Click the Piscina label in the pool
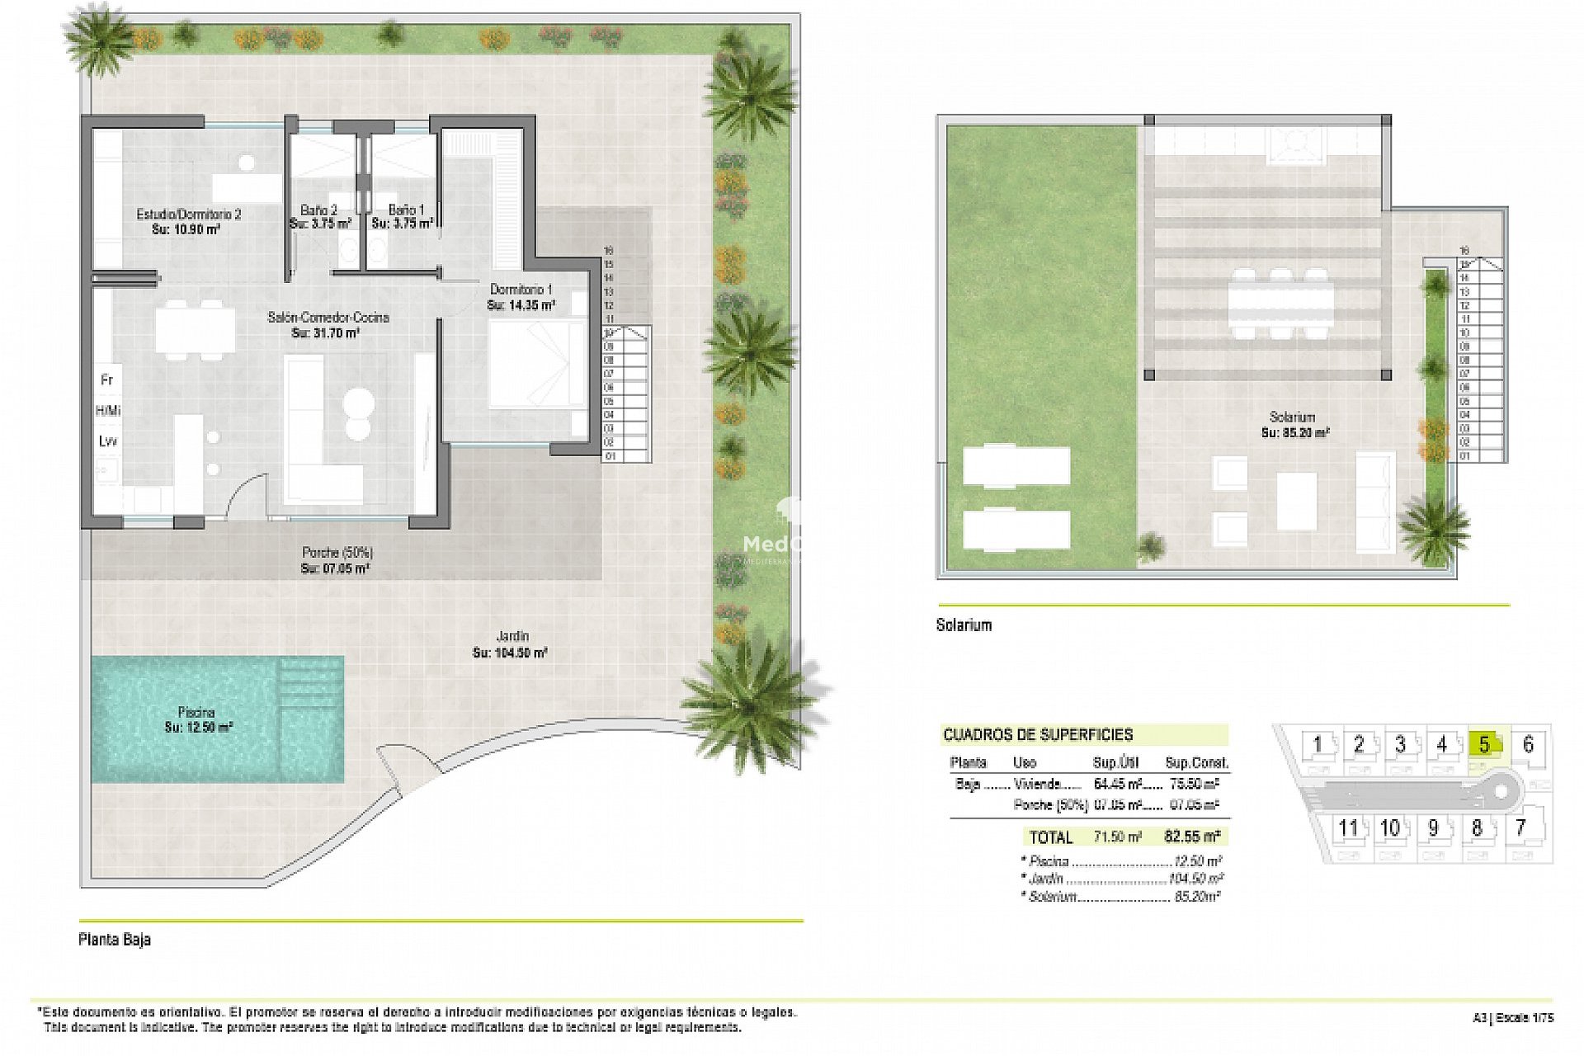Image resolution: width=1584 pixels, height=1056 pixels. [x=198, y=719]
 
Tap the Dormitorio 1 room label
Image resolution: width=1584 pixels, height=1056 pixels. [x=521, y=297]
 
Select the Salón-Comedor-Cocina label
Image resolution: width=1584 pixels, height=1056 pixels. [x=328, y=325]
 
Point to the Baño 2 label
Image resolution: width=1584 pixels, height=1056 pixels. [x=319, y=217]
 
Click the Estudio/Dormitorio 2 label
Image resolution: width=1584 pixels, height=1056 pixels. [x=188, y=221]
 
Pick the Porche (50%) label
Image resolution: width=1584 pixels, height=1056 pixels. [x=336, y=560]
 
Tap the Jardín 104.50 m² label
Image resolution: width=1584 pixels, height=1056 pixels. [x=511, y=644]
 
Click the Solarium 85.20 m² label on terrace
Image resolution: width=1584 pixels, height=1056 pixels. [x=1293, y=424]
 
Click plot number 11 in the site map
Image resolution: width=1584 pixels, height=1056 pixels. [x=1348, y=827]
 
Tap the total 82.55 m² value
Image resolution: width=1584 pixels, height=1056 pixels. [x=1192, y=837]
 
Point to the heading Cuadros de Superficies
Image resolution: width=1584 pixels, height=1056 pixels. [x=1038, y=734]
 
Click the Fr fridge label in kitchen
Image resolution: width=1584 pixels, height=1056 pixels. [x=106, y=380]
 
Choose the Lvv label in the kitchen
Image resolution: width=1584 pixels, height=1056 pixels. [x=107, y=441]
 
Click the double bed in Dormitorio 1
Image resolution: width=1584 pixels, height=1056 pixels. [x=528, y=364]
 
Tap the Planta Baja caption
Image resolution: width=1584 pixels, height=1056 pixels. [x=115, y=940]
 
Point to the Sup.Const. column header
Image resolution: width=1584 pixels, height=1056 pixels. [x=1196, y=762]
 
